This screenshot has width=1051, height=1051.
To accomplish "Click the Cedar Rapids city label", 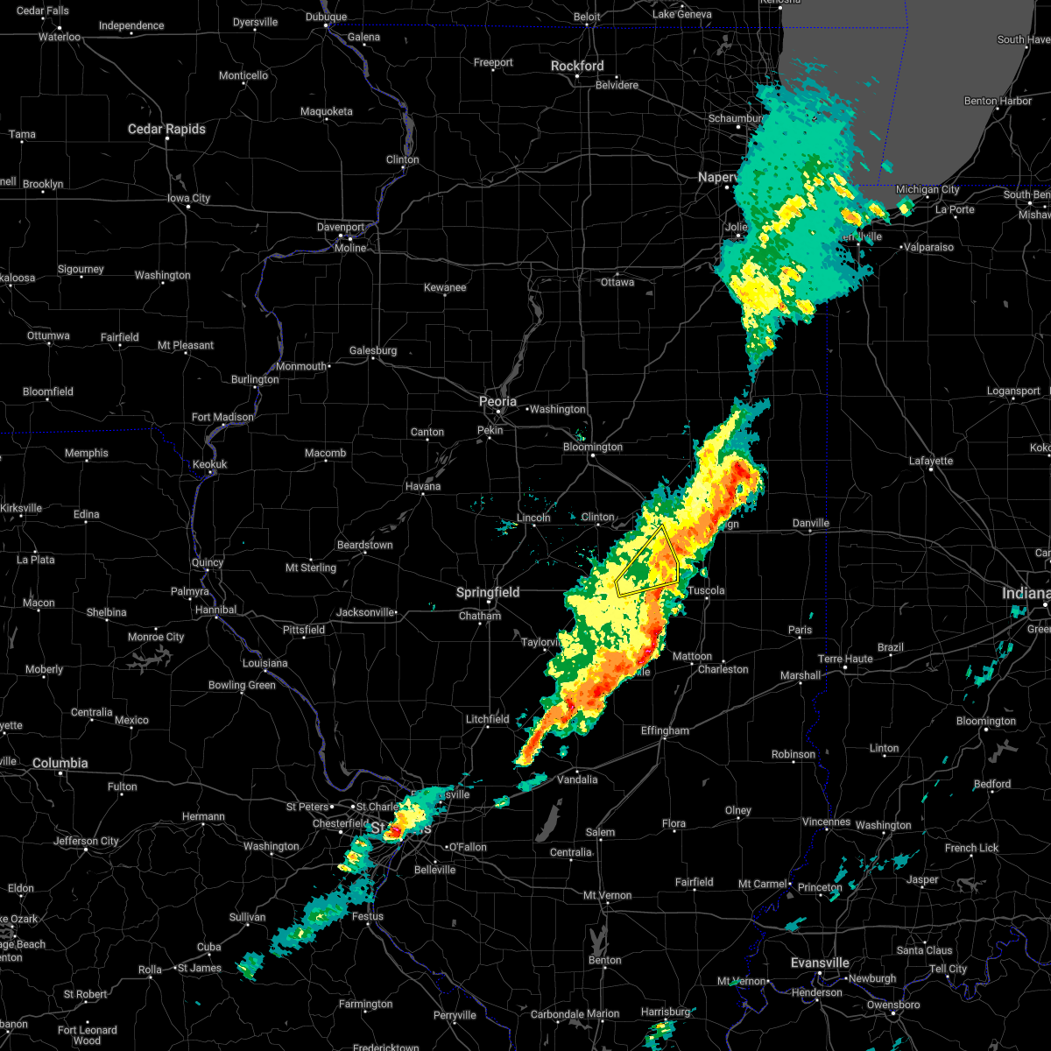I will point(166,129).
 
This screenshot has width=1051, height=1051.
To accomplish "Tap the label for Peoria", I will point(497,401).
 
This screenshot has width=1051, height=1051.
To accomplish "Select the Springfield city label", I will point(488,592).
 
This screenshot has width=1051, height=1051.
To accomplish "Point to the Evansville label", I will point(820,963).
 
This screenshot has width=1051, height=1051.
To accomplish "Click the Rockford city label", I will point(577,66).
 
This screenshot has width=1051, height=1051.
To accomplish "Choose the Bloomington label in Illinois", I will point(593,447).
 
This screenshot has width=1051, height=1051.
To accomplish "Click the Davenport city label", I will point(341,227).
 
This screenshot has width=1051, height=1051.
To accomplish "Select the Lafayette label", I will point(931,461).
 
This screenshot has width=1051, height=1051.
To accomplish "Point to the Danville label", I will point(810,523).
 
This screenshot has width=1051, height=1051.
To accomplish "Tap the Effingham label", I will point(665,730).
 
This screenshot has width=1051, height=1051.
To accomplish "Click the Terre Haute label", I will point(845,659).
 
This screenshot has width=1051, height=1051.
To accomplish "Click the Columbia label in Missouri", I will point(60,763).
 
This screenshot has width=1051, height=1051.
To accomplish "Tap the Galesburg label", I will point(373,350).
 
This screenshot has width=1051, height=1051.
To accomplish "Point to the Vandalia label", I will point(577,779).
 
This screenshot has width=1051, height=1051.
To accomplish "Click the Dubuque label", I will point(326,17).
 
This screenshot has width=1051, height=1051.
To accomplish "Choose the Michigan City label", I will point(928,189).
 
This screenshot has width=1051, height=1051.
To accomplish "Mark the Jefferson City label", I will point(86,841).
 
